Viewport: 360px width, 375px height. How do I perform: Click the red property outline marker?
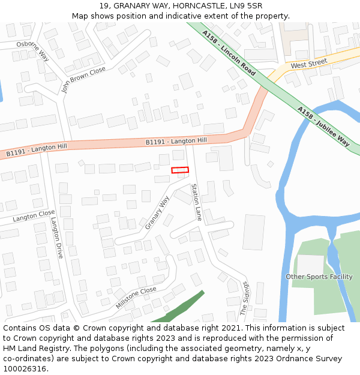[180, 170]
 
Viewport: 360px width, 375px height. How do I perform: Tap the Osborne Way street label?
[33, 52]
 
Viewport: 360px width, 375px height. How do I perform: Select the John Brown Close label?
[83, 80]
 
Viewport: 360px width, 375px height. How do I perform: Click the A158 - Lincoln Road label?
[229, 52]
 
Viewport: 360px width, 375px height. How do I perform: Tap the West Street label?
[309, 63]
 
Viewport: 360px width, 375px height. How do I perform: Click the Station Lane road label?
[196, 202]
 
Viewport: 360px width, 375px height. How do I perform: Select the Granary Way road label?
[157, 212]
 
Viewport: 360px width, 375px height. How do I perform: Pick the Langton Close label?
[34, 216]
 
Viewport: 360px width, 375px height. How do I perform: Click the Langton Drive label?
[56, 237]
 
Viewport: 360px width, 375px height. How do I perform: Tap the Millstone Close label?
[136, 298]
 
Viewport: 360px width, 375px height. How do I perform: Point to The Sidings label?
[244, 299]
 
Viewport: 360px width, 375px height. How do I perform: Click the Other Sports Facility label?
[319, 277]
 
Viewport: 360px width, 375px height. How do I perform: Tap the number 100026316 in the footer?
[24, 369]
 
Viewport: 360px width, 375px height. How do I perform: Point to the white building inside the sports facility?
[310, 265]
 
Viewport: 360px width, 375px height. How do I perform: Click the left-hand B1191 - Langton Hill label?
[37, 150]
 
